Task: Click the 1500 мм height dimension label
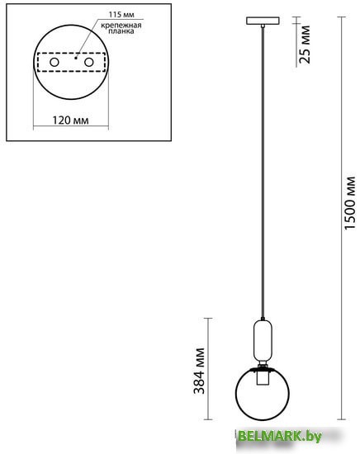[x=350, y=203]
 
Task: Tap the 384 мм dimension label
[x=199, y=371]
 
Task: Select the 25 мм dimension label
[x=305, y=45]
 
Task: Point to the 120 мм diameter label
[x=70, y=121]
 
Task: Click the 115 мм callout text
[x=121, y=15]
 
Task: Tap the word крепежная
[x=121, y=26]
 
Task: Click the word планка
[x=121, y=31]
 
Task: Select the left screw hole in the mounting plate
[x=54, y=62]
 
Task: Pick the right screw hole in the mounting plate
[x=89, y=62]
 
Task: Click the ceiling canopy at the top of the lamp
[x=263, y=21]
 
